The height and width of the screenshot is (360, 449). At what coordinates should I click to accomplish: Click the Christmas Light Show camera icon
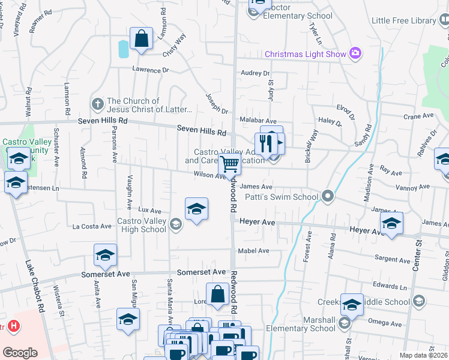355,54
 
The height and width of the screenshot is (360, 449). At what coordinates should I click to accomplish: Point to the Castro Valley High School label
142,225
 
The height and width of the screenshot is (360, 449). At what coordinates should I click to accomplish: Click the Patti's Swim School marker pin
327,196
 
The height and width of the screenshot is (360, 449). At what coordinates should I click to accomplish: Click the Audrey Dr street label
255,73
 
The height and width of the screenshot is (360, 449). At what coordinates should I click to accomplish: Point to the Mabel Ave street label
253,251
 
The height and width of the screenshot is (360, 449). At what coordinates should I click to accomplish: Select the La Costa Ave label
92,227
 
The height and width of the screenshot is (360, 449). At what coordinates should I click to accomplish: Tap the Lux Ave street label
150,211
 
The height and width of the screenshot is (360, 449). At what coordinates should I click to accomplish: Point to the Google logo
20,352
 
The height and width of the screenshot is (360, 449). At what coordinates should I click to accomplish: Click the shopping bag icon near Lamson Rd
140,39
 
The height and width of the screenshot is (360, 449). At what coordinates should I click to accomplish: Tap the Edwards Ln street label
385,285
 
